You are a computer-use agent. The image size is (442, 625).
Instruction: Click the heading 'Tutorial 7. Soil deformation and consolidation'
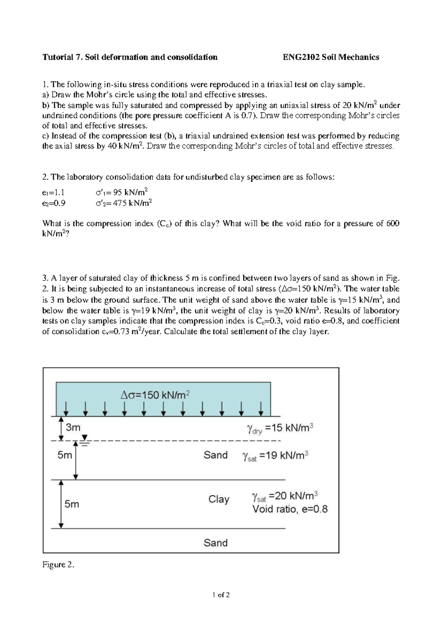(x=130, y=57)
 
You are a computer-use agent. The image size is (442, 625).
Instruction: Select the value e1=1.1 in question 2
(x=53, y=192)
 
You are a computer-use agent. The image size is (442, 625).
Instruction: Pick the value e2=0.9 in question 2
(x=54, y=203)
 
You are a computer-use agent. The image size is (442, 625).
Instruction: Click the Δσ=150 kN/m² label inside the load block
(x=155, y=395)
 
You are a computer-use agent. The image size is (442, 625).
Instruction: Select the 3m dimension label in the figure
(x=73, y=427)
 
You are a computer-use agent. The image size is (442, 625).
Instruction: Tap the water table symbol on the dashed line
(x=85, y=439)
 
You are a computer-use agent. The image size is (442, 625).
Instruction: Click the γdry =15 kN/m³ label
(x=280, y=428)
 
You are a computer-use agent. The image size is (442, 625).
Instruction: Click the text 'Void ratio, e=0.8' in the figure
(x=290, y=509)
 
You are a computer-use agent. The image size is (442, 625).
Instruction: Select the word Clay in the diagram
(x=219, y=499)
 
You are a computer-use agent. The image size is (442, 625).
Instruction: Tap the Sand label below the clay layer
(x=215, y=542)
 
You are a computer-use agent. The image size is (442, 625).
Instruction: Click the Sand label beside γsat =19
(x=215, y=455)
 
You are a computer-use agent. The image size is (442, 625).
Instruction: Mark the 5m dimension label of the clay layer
(x=72, y=504)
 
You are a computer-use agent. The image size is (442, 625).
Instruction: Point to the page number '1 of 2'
(x=221, y=595)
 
